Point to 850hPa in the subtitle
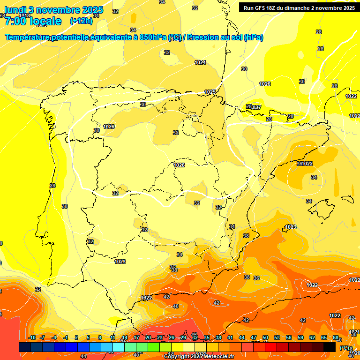[x=153, y=37]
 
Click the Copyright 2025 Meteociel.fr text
[x=199, y=357]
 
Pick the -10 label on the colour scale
[x=32, y=337]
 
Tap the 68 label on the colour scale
[x=336, y=337]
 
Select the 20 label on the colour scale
[x=148, y=337]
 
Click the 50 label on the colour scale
[x=265, y=337]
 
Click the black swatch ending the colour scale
[x=330, y=347]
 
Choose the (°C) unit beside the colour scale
[x=345, y=347]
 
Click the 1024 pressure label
[x=200, y=62]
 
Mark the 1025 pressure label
[x=210, y=92]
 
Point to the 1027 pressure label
[x=256, y=107]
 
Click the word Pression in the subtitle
[x=203, y=37]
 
